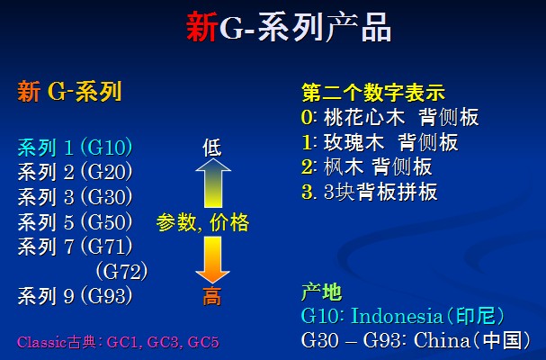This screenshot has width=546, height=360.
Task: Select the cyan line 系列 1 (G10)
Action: coord(76,148)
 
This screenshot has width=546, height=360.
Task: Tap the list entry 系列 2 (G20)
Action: coord(76,172)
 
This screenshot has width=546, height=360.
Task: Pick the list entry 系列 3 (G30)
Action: coord(76,197)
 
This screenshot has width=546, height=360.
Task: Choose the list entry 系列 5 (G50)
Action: coord(76,222)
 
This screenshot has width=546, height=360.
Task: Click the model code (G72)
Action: coord(121,272)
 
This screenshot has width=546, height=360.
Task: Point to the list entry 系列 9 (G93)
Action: coord(76,296)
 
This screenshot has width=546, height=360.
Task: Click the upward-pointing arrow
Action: coord(213,183)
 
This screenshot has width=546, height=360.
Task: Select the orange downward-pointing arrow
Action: coord(213,259)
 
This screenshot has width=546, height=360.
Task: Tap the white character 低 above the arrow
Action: coord(212,148)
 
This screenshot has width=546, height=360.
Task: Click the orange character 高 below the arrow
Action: coord(212,297)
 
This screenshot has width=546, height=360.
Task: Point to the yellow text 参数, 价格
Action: coord(202,222)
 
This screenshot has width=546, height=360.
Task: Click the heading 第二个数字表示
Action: coord(373,93)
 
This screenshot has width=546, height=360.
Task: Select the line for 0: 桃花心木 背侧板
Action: coord(390,117)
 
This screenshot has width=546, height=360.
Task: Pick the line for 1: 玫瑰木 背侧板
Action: coord(380,142)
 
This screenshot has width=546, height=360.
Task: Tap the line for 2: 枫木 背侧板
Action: coord(367,166)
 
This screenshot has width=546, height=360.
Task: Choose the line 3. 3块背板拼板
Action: coord(370,192)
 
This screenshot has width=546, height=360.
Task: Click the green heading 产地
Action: coord(321,292)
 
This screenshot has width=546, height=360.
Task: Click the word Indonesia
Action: coord(397,316)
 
